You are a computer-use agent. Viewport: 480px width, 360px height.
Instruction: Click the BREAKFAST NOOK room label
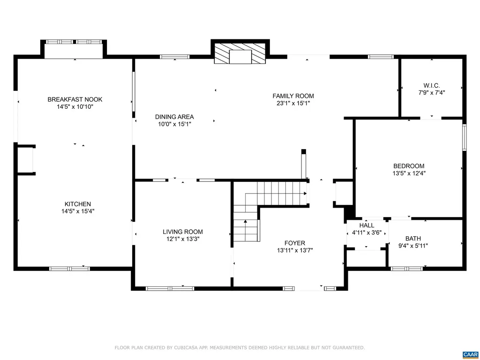[75, 99]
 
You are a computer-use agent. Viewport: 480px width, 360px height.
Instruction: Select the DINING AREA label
[174, 117]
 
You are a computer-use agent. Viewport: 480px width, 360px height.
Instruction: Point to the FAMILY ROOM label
[293, 96]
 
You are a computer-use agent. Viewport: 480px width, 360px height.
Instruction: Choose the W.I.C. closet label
[431, 85]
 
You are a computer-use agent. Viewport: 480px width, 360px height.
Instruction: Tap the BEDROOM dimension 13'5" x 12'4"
[409, 173]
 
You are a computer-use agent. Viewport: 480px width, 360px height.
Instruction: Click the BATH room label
[413, 238]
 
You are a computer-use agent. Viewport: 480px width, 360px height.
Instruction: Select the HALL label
[367, 225]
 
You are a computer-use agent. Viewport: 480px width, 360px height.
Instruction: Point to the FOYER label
[294, 243]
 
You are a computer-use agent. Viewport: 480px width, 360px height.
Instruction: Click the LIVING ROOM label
[183, 232]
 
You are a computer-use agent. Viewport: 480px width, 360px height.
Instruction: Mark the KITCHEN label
[78, 204]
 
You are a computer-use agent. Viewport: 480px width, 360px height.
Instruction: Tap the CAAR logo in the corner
[470, 354]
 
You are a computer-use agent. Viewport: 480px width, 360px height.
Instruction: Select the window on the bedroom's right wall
[464, 137]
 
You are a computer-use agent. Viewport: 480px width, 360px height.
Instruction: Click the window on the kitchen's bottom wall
[69, 269]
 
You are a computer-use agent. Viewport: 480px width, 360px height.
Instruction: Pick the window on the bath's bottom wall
[406, 269]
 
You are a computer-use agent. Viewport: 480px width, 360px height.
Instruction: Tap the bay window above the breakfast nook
[75, 42]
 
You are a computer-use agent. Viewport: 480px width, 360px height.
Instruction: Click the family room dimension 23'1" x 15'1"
[293, 103]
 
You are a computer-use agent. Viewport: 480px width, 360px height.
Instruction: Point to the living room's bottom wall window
[170, 288]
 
